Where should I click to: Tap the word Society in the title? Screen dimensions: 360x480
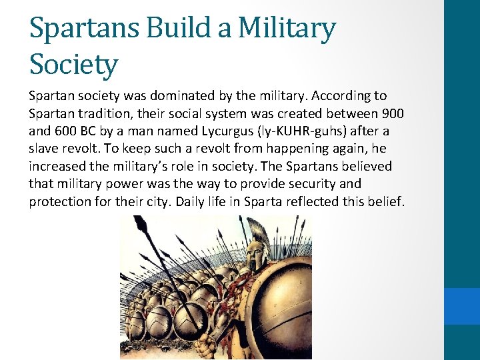tap(73, 65)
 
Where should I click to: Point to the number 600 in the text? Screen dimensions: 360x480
tap(65, 131)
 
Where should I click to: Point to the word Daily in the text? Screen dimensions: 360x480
tap(191, 201)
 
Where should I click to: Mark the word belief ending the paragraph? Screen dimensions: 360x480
tap(386, 201)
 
